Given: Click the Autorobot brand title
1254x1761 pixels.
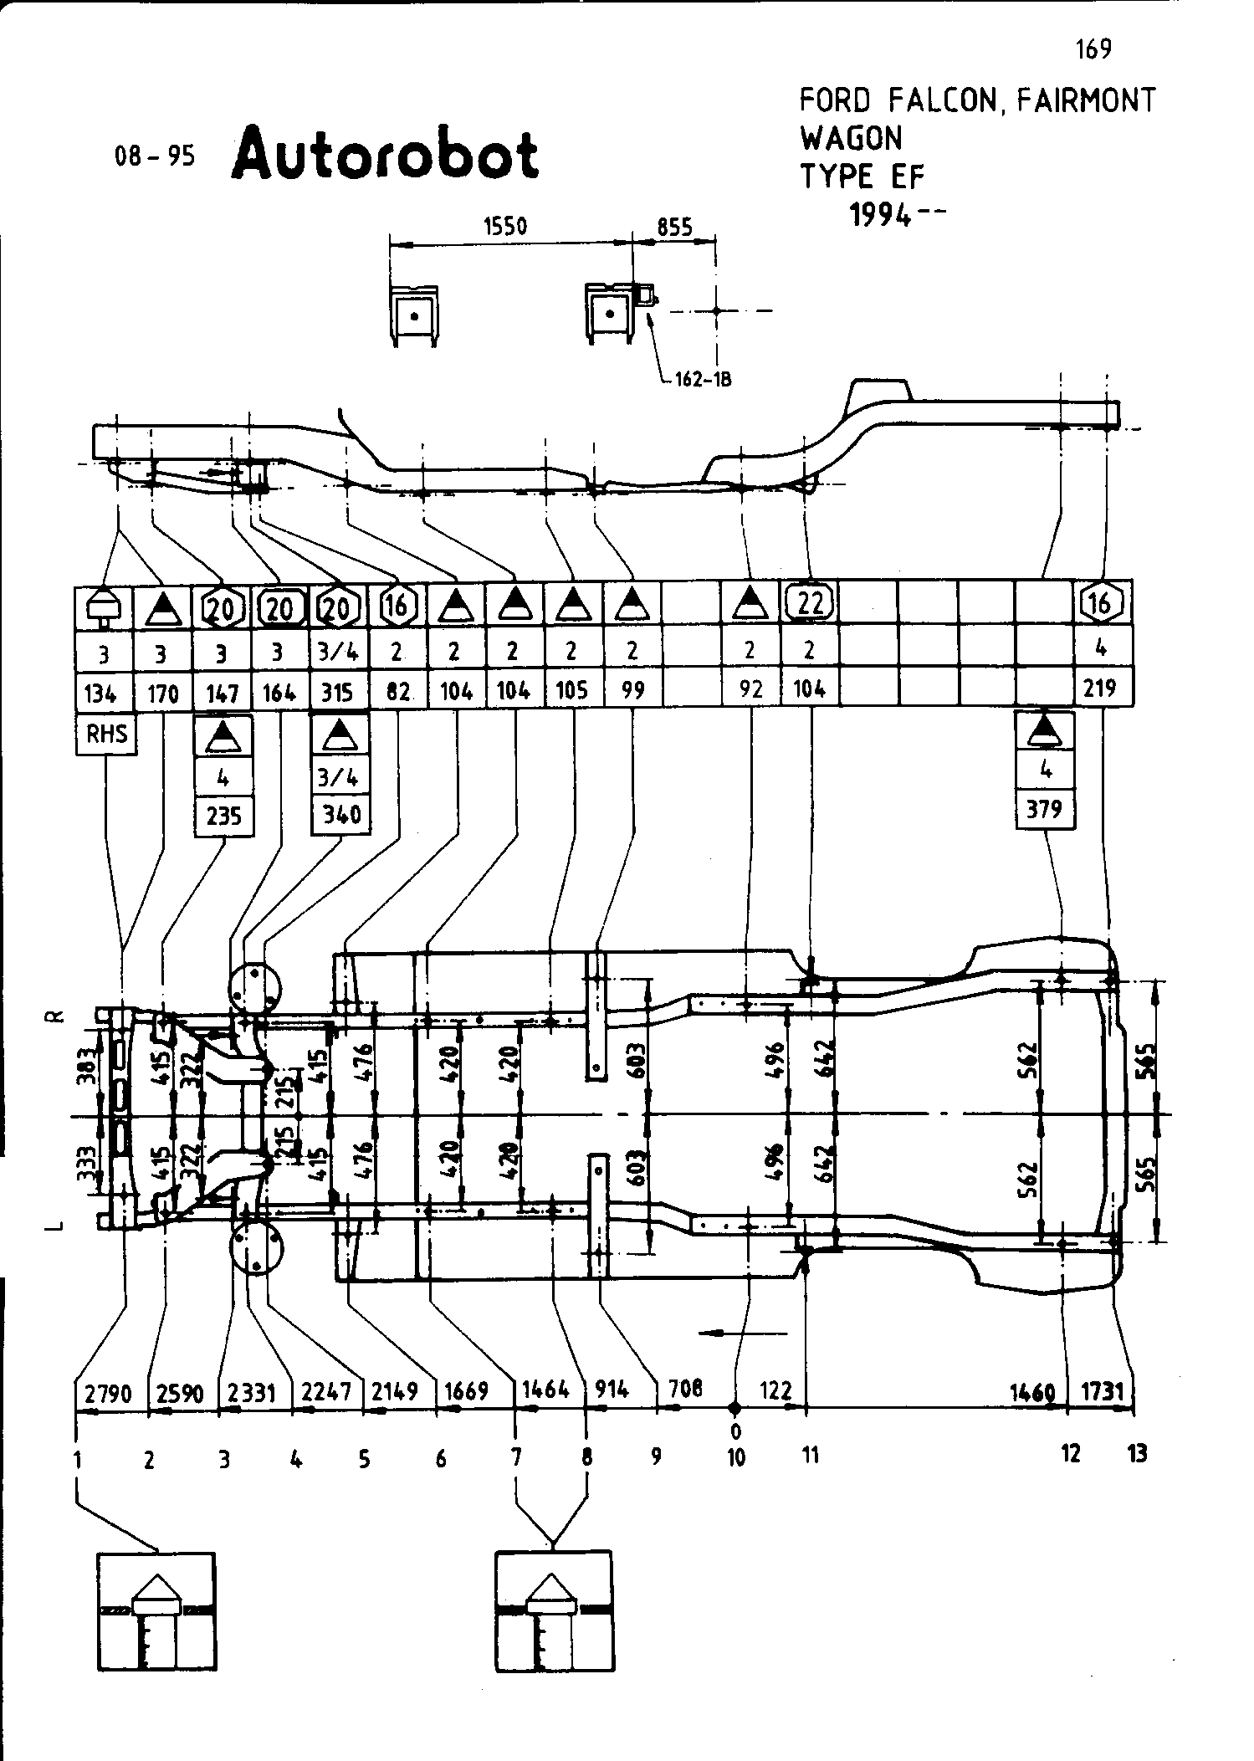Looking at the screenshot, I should click(x=385, y=156).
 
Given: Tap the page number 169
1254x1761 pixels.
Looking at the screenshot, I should click(x=1094, y=49).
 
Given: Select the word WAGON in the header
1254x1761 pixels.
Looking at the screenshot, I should click(x=851, y=137).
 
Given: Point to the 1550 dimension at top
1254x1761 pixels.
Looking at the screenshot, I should click(x=504, y=227).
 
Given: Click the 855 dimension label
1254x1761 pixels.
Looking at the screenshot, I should click(x=674, y=227).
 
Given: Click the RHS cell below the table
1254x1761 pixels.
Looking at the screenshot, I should click(x=106, y=735).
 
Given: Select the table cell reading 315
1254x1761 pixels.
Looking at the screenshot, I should click(x=338, y=691).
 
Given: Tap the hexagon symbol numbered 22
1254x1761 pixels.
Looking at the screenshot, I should click(x=809, y=602).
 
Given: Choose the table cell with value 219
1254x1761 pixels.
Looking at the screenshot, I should click(x=1100, y=688).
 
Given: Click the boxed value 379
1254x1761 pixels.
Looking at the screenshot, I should click(x=1045, y=809).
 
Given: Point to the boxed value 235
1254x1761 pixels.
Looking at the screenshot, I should click(x=223, y=816).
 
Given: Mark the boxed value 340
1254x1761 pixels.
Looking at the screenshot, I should click(x=340, y=814).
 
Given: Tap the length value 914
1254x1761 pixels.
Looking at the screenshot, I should click(x=612, y=1390).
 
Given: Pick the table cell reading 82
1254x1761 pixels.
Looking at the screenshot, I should click(x=397, y=691).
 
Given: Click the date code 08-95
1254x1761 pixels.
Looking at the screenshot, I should click(x=155, y=156).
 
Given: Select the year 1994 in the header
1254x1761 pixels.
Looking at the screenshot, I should click(x=881, y=216).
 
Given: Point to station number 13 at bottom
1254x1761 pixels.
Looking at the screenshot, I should click(x=1136, y=1455).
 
